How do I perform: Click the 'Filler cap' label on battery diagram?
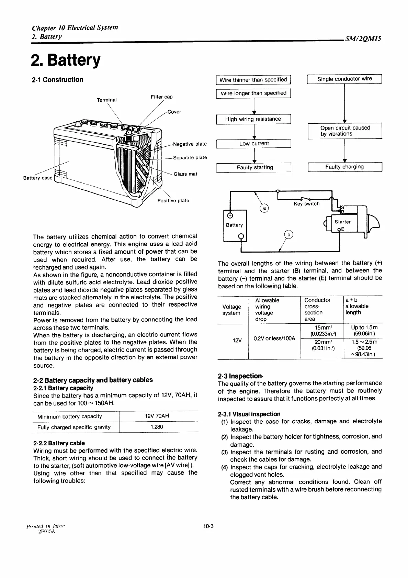(x=161, y=97)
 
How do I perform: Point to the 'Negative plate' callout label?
(x=190, y=144)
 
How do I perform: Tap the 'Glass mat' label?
(x=185, y=174)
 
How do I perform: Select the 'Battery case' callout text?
(x=38, y=178)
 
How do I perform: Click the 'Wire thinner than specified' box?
(x=253, y=80)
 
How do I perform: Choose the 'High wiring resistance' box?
(x=253, y=119)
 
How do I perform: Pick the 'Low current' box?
(x=254, y=144)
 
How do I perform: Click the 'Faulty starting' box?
(x=254, y=167)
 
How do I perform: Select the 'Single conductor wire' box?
(x=344, y=79)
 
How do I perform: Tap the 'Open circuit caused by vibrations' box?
(x=345, y=131)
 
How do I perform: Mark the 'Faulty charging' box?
(x=344, y=167)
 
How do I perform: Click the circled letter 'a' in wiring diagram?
(x=264, y=208)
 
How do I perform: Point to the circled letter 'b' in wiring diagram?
(x=289, y=235)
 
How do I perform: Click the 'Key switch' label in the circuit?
(x=307, y=204)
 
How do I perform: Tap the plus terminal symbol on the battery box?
(x=230, y=215)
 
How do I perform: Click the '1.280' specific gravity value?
(x=157, y=427)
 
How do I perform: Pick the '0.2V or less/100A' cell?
(x=274, y=338)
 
